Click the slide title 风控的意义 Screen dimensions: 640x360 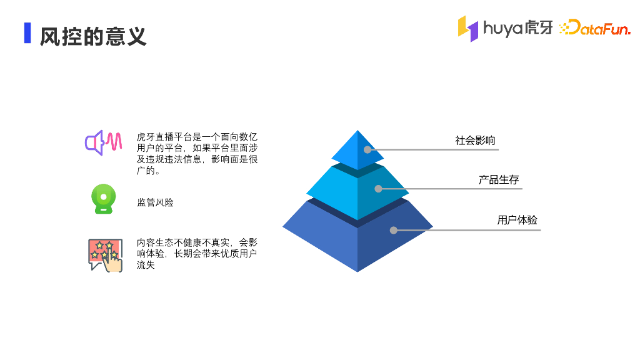point(93,36)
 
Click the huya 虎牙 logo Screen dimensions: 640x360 point(505,28)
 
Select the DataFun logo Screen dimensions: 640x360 point(594,28)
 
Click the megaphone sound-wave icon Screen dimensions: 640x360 point(103,143)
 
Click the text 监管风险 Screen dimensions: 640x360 point(155,202)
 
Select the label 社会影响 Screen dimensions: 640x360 point(475,141)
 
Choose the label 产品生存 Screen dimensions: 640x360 point(499,180)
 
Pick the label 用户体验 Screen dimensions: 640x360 point(517,220)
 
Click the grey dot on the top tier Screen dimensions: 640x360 point(367,150)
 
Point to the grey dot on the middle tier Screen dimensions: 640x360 point(378,188)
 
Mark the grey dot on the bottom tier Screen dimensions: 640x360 point(394,230)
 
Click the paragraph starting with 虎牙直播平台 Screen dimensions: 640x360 point(197,154)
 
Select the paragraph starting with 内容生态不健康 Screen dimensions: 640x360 point(197,254)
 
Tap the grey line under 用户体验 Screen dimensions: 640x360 point(475,230)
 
